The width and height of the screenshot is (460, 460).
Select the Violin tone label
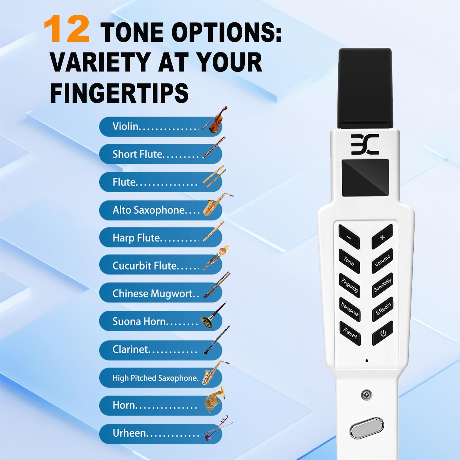click(x=126, y=126)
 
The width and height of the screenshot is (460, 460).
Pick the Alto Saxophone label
click(x=148, y=210)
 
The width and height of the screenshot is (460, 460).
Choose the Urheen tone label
click(x=129, y=433)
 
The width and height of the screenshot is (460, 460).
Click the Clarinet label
click(x=130, y=349)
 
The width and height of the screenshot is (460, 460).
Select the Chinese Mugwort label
click(x=152, y=293)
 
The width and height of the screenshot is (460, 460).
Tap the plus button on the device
click(x=382, y=237)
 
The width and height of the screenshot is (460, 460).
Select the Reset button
click(x=350, y=333)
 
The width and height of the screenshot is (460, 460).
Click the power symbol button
click(x=383, y=333)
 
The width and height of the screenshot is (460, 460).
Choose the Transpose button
click(x=350, y=309)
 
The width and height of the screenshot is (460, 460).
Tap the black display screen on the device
click(x=365, y=178)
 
